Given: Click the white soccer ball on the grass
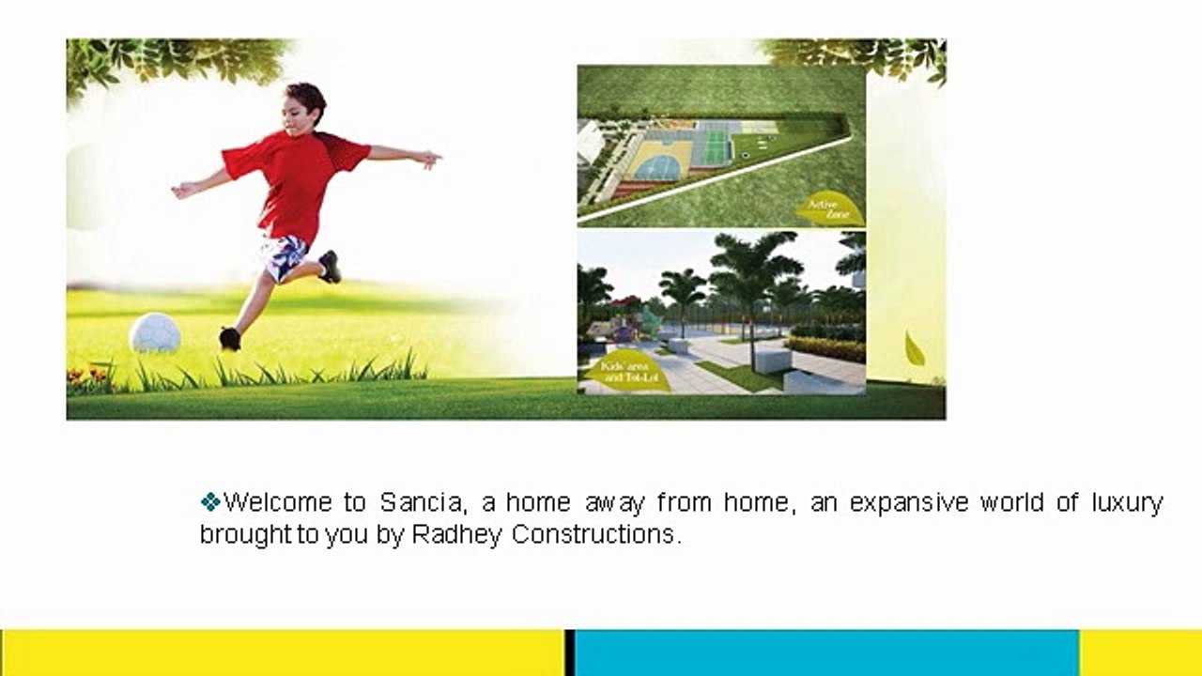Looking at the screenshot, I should (x=155, y=333).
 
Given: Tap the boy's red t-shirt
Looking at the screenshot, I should (x=295, y=182).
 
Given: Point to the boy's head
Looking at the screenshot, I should (x=304, y=104).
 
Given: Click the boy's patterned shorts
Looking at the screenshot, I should (x=285, y=256).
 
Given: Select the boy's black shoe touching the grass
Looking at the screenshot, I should (x=229, y=338).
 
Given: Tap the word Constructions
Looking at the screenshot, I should (x=593, y=535).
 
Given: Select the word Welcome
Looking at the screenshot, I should (x=278, y=502).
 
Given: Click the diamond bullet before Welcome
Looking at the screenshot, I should (x=210, y=501).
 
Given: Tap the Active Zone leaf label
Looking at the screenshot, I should (x=826, y=209).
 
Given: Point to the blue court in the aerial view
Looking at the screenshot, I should (x=656, y=167).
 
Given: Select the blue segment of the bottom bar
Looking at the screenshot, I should (x=826, y=653).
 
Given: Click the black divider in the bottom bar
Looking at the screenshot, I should (x=569, y=653).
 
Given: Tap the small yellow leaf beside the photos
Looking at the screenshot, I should (x=914, y=348).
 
